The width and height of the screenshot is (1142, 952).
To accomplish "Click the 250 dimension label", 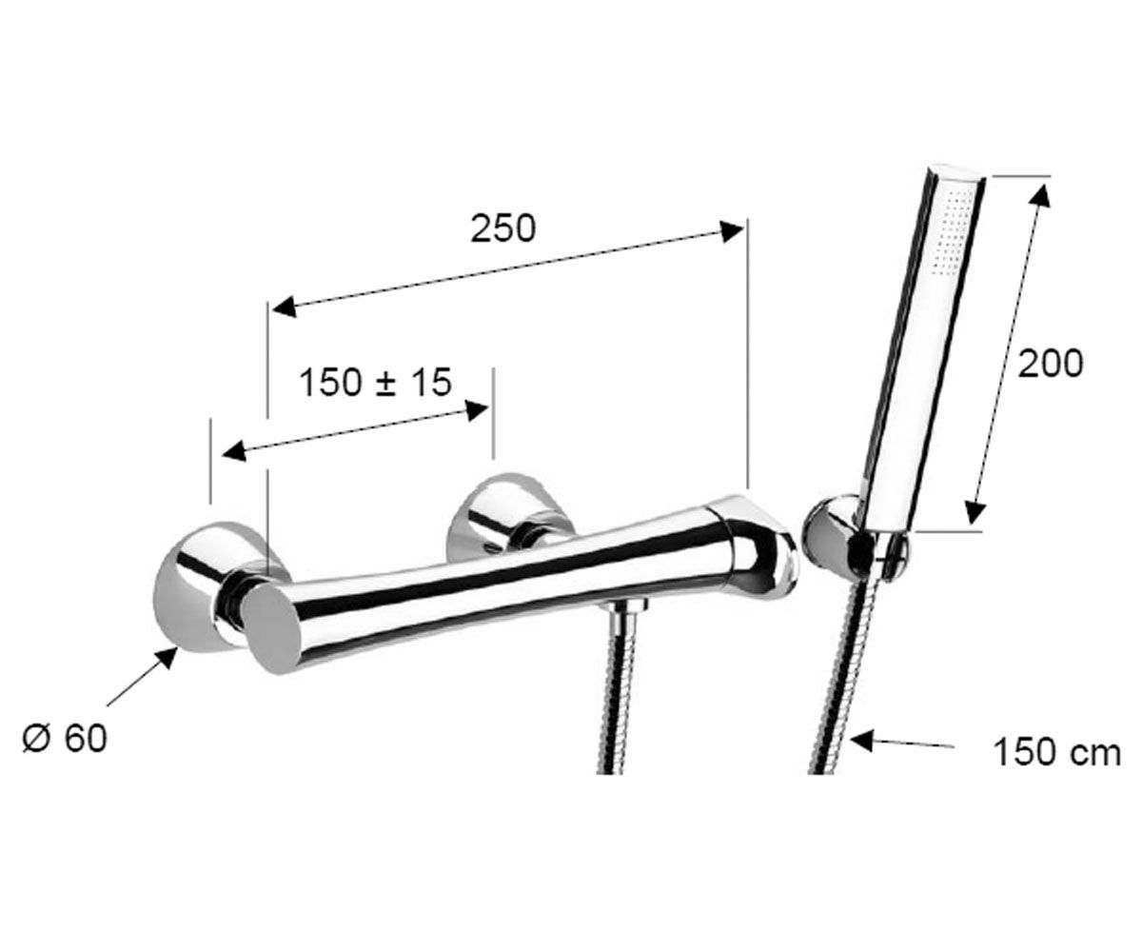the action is click(x=502, y=228).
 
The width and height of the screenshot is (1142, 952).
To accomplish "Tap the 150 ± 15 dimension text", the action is click(x=376, y=382).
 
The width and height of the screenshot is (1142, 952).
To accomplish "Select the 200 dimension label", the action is click(x=1050, y=364).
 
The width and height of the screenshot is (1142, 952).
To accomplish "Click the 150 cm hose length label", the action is click(x=1056, y=752).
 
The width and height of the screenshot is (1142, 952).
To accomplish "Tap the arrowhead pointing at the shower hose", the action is click(x=862, y=741).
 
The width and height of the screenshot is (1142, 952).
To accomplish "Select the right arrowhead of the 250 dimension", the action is click(x=731, y=230).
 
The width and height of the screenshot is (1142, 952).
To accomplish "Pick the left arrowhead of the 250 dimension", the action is click(x=284, y=308).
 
